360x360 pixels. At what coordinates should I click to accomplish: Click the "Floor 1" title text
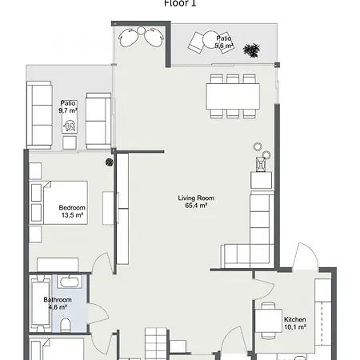click(x=179, y=3)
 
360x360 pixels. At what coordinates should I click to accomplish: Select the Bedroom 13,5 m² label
click(x=71, y=211)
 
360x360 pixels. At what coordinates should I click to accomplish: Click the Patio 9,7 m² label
click(x=68, y=107)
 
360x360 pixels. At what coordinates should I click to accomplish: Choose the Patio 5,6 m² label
click(x=223, y=42)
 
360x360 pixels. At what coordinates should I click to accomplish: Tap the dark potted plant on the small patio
click(x=253, y=50)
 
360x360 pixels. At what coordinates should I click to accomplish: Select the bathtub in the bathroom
click(x=68, y=283)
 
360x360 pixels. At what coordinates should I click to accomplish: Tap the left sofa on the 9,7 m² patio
click(x=41, y=115)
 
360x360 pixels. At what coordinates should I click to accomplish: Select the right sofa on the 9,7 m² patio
click(x=98, y=118)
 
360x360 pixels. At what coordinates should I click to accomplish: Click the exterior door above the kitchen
click(x=305, y=258)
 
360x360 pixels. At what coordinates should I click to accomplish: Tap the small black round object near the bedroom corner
click(x=109, y=162)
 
